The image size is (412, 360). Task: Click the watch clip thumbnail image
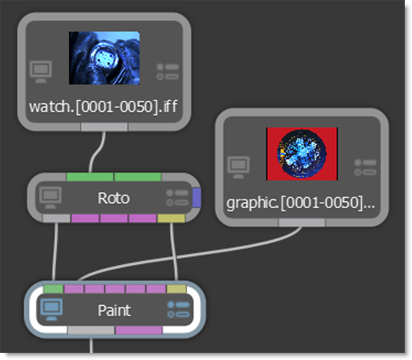tap(104, 58)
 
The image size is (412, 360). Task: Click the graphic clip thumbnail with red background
tap(302, 154)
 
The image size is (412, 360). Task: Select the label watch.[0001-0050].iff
tap(103, 107)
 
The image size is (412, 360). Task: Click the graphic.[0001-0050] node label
tap(301, 203)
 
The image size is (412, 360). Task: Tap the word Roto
tap(113, 198)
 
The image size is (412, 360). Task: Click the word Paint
tap(114, 311)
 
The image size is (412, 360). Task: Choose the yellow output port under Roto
tap(171, 219)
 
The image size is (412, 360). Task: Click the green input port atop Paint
tap(53, 289)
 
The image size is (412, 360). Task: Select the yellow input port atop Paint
tap(177, 289)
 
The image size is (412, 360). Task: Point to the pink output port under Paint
tap(139, 330)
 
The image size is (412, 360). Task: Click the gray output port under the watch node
tap(104, 127)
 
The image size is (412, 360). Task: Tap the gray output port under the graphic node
tap(301, 222)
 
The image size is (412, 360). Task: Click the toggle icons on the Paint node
tap(178, 309)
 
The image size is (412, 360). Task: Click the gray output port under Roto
tap(56, 219)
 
